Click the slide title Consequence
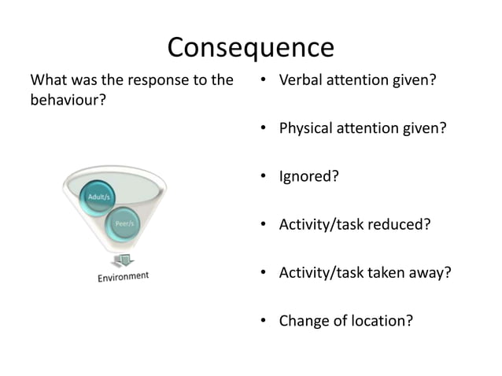pyautogui.click(x=250, y=47)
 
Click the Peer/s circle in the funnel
pyautogui.click(x=124, y=223)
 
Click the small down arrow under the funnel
pyautogui.click(x=122, y=260)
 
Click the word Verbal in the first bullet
pyautogui.click(x=301, y=79)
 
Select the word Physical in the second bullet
pyautogui.click(x=308, y=127)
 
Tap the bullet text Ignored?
pyautogui.click(x=308, y=176)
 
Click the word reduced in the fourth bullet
pyautogui.click(x=401, y=224)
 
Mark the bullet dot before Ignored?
pyautogui.click(x=264, y=176)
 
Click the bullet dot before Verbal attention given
pyautogui.click(x=264, y=79)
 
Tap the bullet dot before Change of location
pyautogui.click(x=264, y=321)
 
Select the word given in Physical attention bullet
pyautogui.click(x=427, y=127)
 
